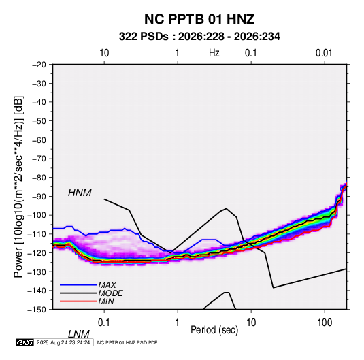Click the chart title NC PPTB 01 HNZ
(x=199, y=19)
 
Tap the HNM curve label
(x=80, y=193)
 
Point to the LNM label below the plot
(x=79, y=334)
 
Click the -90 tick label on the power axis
(x=39, y=197)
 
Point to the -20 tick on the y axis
(x=39, y=65)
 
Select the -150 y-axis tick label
(x=37, y=310)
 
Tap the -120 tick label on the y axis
(x=37, y=252)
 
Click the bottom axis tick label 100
(x=325, y=323)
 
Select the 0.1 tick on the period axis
(x=104, y=323)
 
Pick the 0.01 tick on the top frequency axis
(x=324, y=53)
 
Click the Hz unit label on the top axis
(x=214, y=53)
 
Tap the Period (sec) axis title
(x=214, y=330)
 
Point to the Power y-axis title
(x=18, y=187)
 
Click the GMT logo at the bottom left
(x=24, y=342)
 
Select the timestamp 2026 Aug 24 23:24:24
(x=63, y=342)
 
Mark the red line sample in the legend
(x=78, y=301)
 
